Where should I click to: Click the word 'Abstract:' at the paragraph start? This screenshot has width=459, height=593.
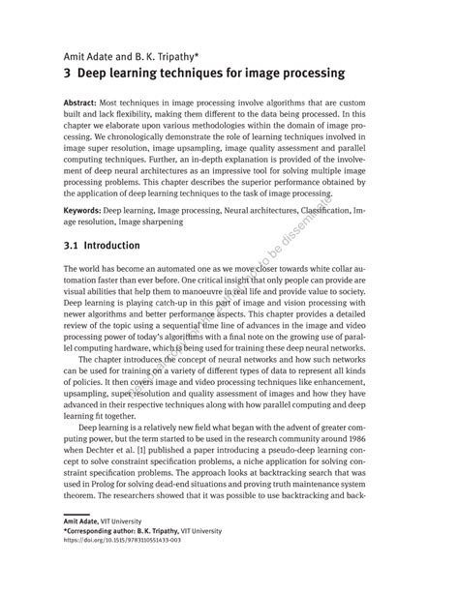(81, 103)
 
